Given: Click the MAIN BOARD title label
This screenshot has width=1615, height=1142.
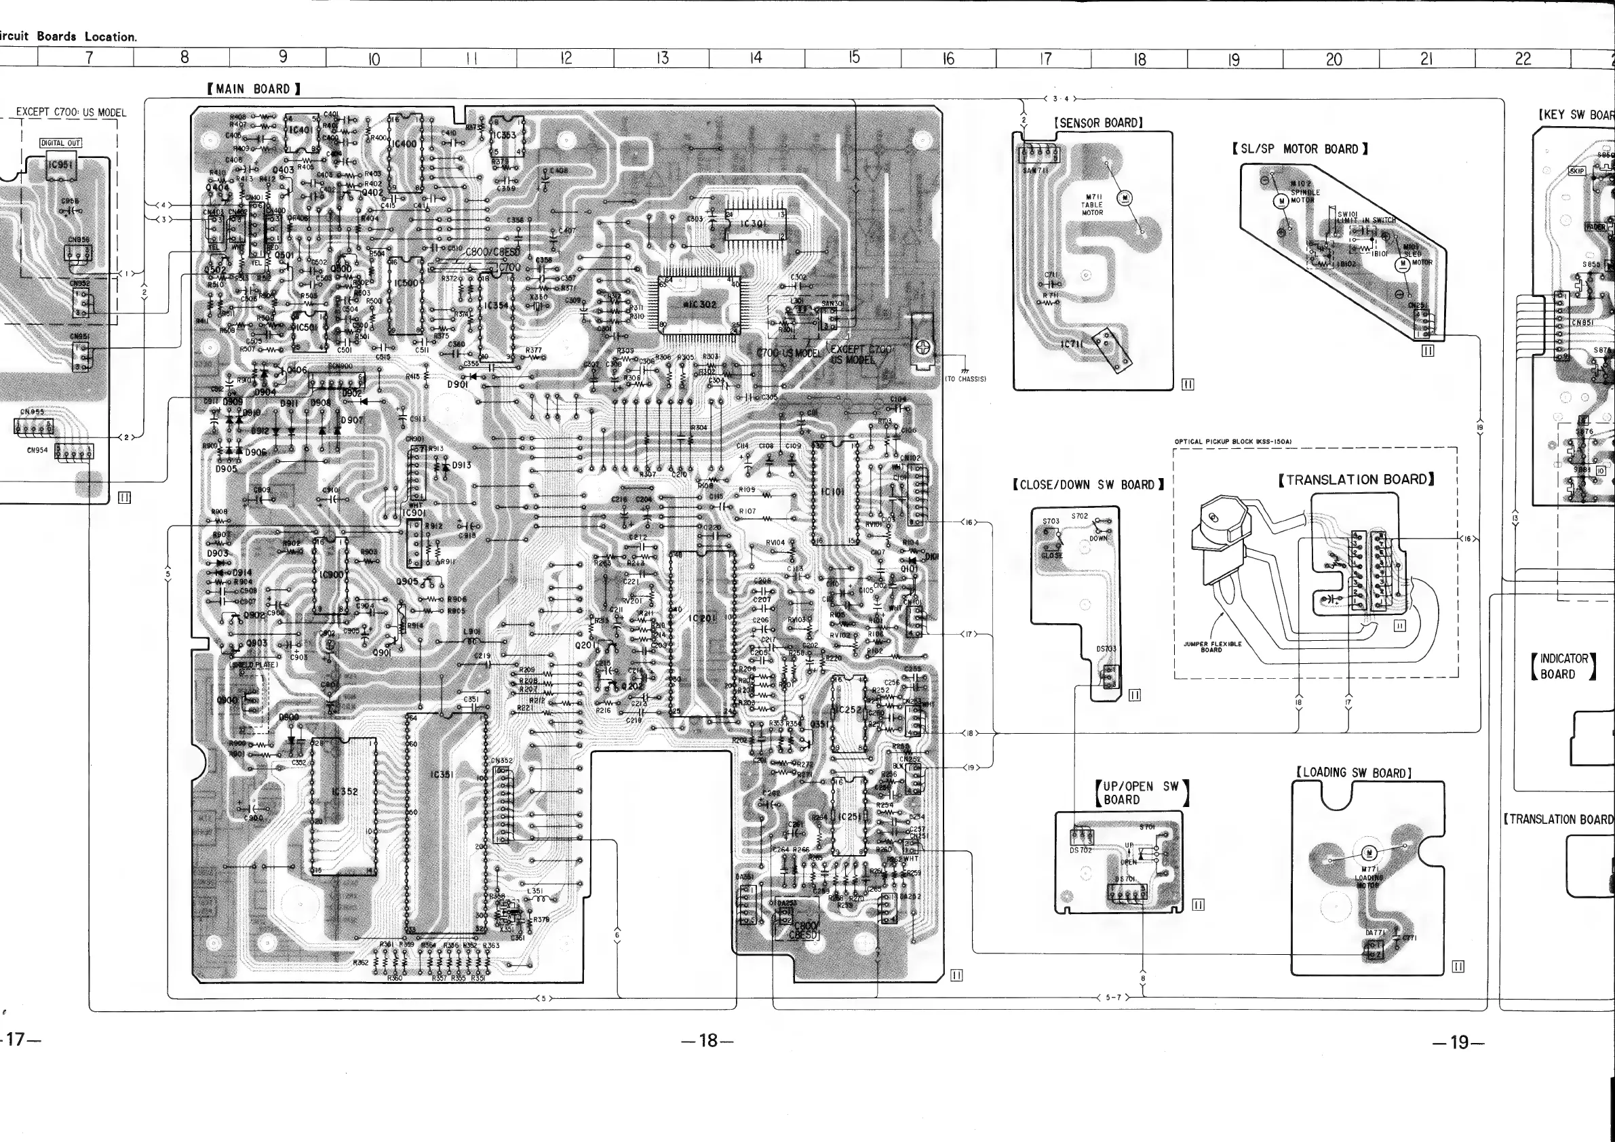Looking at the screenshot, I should click(254, 89).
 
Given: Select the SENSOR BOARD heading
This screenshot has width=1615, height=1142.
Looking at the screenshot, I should click(1098, 122).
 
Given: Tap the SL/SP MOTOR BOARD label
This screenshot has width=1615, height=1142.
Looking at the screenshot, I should click(1299, 149).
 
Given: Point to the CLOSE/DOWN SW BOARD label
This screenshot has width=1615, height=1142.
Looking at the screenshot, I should click(1088, 484).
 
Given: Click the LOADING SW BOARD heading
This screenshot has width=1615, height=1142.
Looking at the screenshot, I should click(1353, 773).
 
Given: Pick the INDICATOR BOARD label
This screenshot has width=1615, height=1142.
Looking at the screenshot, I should click(1563, 666).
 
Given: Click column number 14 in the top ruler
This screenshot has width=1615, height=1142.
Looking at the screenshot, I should click(755, 58).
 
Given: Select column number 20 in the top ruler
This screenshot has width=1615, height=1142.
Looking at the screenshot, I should click(1333, 59).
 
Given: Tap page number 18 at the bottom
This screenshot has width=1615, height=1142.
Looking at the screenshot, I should click(707, 1041).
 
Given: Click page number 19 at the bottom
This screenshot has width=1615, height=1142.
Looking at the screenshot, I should click(1459, 1042).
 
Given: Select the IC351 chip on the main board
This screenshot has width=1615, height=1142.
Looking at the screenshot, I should click(442, 774).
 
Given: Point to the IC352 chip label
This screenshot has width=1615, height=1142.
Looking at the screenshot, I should click(344, 791).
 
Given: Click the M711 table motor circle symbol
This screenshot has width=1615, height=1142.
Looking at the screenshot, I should click(1124, 197).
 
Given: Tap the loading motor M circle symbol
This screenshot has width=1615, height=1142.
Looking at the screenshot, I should click(1369, 853).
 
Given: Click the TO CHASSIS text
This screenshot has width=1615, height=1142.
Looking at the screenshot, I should click(965, 378).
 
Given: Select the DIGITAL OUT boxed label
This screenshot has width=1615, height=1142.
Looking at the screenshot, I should click(60, 142).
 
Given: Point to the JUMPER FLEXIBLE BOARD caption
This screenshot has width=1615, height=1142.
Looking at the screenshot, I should click(1211, 646).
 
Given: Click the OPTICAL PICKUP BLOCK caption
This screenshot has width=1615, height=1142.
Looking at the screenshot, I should click(1233, 441).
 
